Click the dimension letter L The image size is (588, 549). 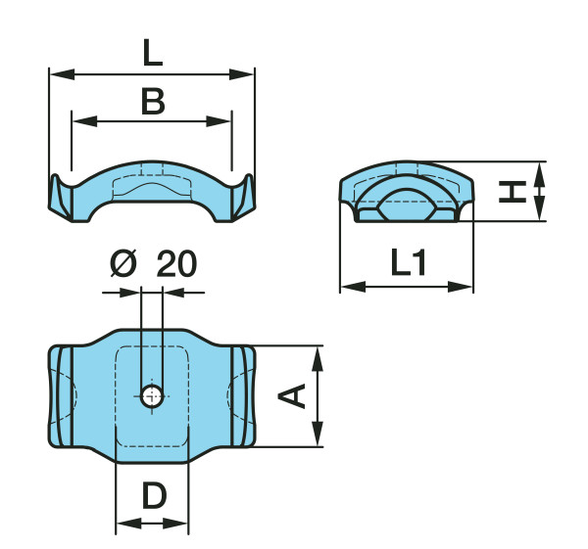152,52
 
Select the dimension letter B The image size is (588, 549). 152,101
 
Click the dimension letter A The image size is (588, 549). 292,395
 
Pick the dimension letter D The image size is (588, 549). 153,497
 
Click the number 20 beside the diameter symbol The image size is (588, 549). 176,264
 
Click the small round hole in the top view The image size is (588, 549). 151,395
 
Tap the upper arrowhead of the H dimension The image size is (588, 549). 540,169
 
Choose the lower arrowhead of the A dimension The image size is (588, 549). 317,438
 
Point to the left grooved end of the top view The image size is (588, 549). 61,396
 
